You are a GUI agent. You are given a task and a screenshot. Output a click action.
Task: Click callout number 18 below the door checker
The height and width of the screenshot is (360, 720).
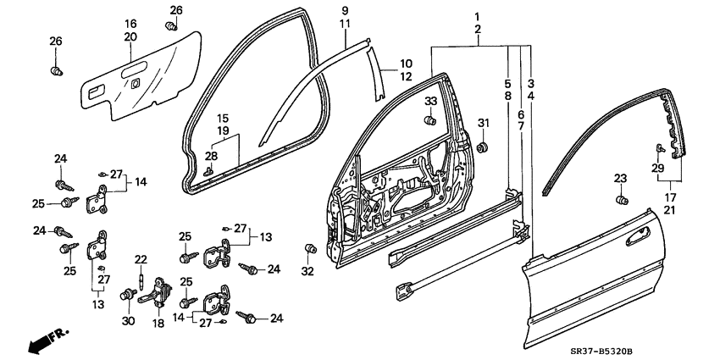158,324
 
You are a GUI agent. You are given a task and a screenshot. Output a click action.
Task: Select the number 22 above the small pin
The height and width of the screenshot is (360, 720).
141,259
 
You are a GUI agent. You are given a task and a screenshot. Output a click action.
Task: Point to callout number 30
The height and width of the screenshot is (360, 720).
128,322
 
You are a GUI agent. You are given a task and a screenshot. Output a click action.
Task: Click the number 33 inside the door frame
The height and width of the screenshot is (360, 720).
430,102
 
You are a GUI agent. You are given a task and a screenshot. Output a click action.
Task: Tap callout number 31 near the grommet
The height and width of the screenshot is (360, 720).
484,125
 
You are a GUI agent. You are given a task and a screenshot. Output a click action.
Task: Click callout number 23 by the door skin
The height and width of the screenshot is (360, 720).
620,178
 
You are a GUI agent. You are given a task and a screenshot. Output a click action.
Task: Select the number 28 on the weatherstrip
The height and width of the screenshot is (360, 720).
210,156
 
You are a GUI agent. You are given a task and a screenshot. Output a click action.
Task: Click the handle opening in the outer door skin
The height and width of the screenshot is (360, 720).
640,240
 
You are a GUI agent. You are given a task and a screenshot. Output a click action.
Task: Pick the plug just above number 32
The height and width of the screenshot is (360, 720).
309,249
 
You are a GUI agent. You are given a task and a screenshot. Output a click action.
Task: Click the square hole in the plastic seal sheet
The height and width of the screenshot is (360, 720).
136,83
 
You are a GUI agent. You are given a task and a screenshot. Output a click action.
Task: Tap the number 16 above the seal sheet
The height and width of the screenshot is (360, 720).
130,23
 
